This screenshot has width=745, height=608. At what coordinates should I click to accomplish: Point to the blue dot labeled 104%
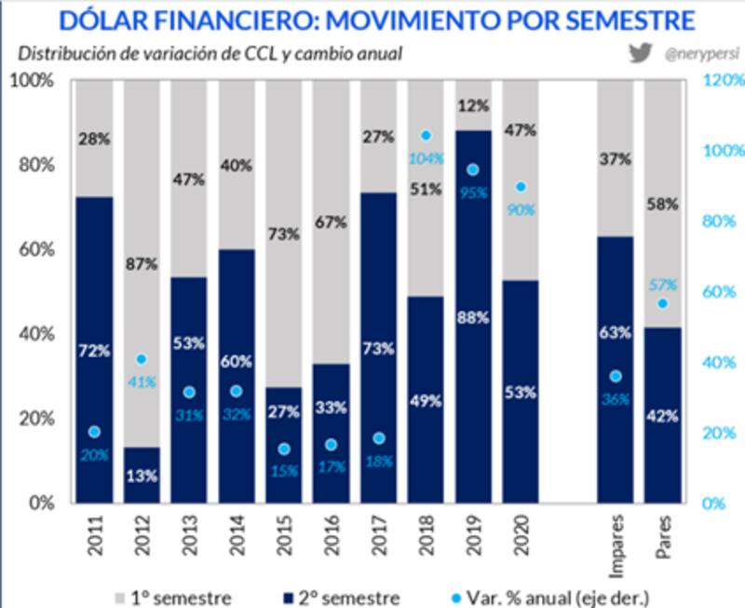click(x=427, y=135)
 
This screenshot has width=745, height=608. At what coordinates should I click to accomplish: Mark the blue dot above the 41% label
click(x=141, y=359)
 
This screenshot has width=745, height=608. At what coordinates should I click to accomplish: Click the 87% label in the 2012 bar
click(x=141, y=265)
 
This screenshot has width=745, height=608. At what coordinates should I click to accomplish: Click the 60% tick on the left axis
click(x=35, y=250)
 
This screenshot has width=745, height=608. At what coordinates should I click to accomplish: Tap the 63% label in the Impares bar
click(x=616, y=332)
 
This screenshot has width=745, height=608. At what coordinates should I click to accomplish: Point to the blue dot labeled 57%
click(x=663, y=304)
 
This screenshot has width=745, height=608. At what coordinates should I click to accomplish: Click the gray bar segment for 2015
click(x=283, y=233)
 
